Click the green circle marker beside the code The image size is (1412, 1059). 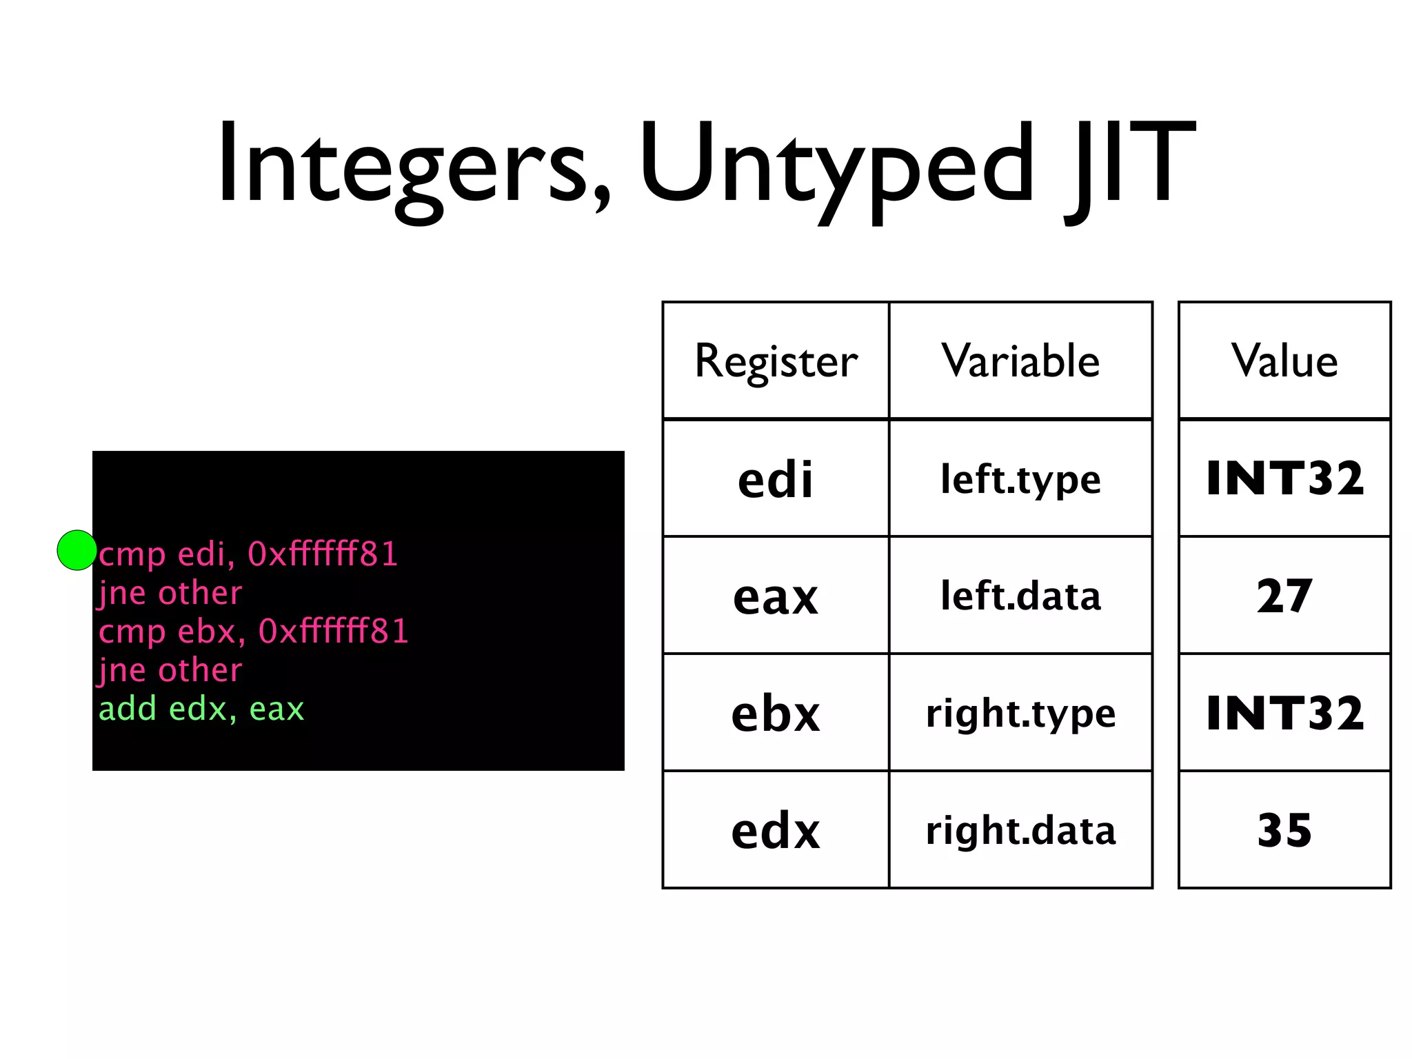point(77,550)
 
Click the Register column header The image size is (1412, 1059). point(776,361)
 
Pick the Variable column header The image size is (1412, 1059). point(1020,361)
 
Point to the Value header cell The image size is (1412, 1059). point(1284,361)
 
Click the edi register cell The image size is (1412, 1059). point(776,478)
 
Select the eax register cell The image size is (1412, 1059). point(776,596)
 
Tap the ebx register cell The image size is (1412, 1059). point(776,713)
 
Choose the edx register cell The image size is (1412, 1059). point(776,830)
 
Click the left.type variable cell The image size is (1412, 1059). point(1020,478)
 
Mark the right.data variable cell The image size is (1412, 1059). point(1020,830)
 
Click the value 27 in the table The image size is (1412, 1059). point(1284,596)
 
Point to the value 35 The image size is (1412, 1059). point(1284,830)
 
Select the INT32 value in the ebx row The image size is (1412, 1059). point(1284,713)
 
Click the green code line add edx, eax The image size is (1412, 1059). point(201,709)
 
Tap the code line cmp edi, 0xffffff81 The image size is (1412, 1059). point(248,554)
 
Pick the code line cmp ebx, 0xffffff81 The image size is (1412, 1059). point(254,632)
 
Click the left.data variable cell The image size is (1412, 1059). point(1020,596)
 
